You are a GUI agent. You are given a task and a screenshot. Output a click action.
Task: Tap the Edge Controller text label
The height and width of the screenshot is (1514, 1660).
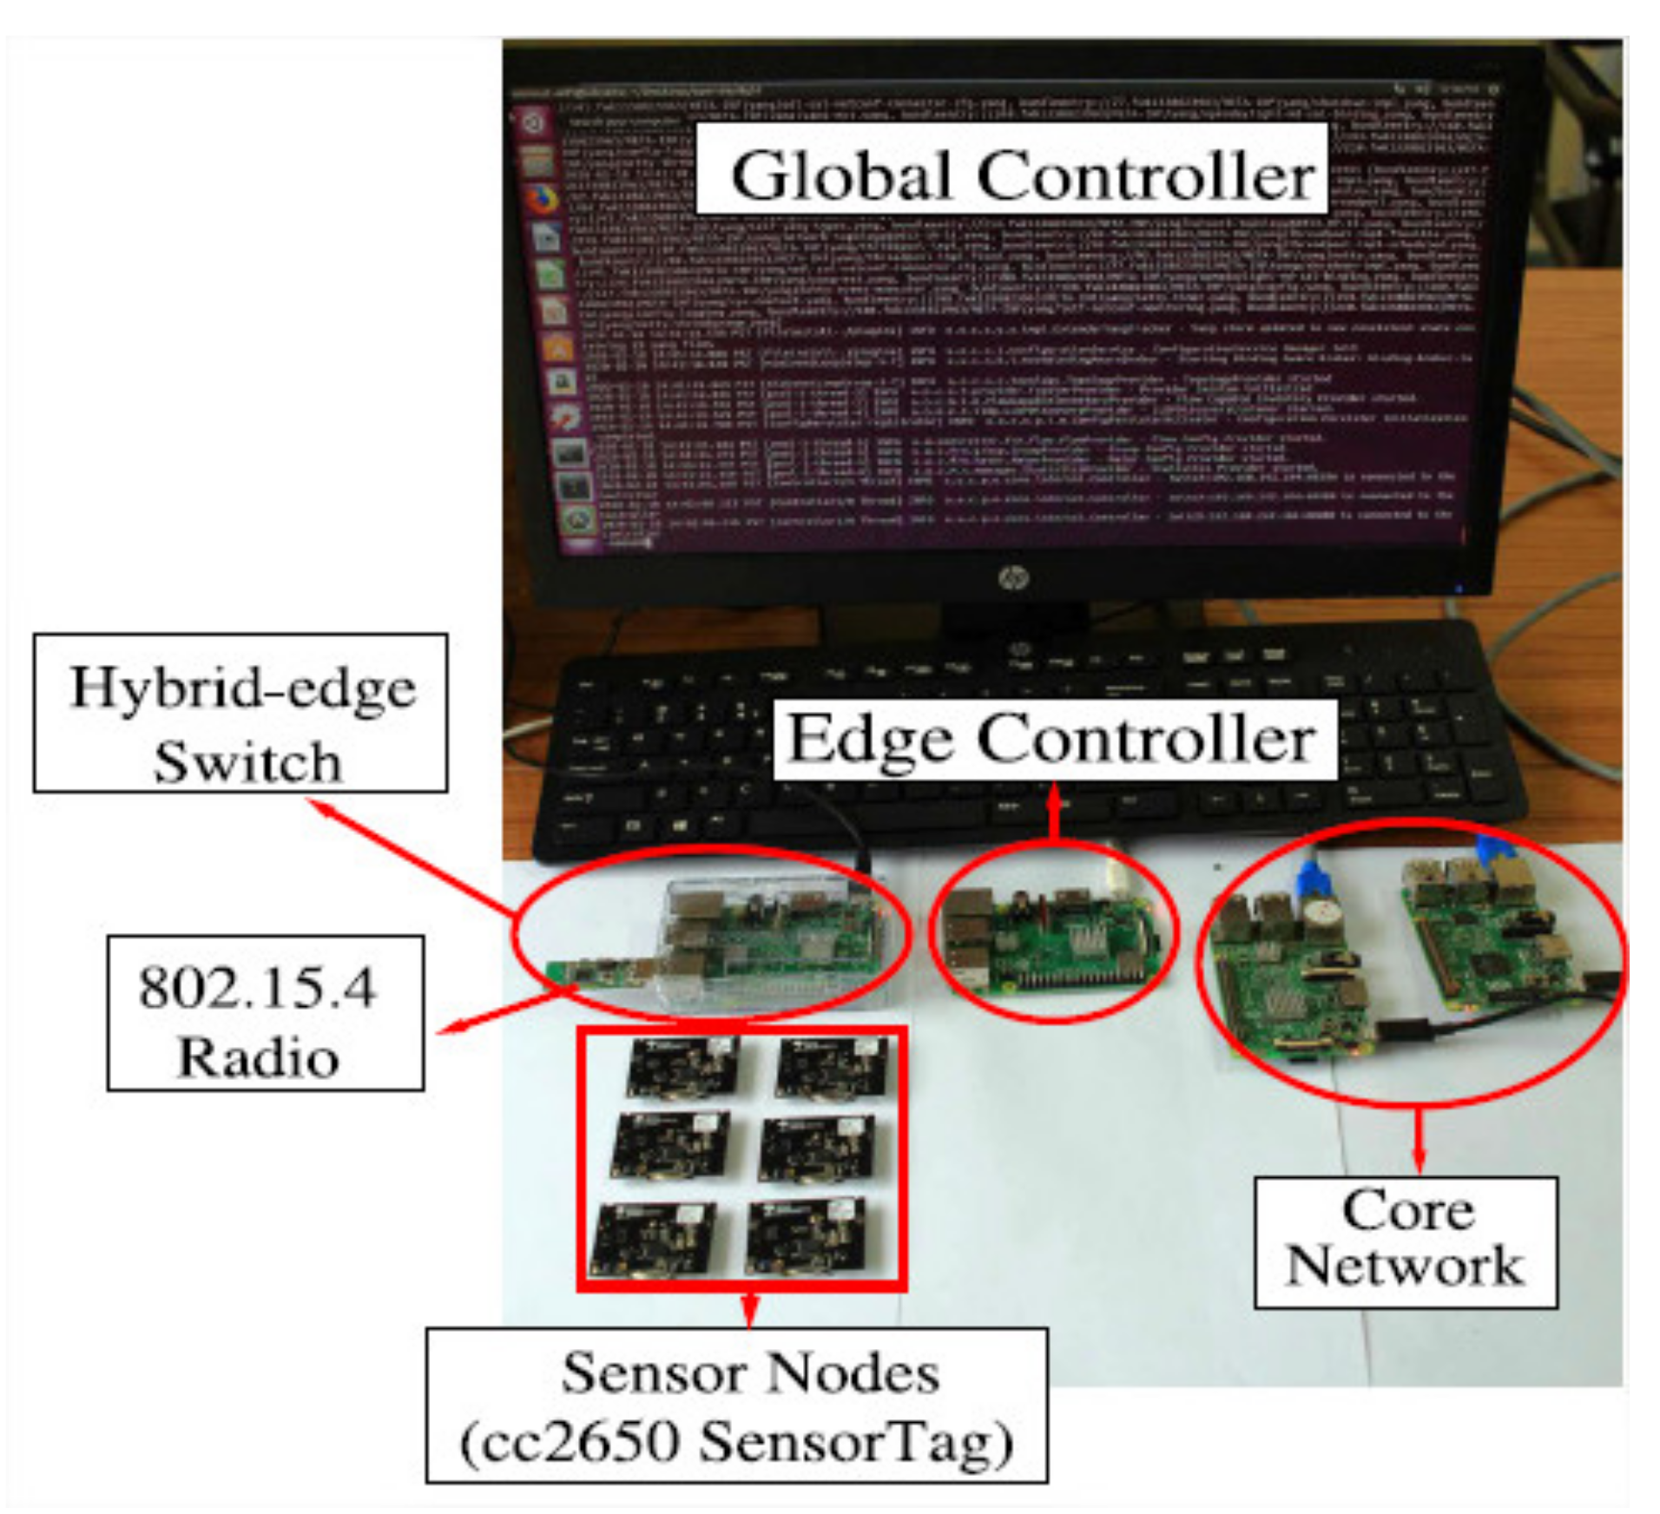coord(1052,739)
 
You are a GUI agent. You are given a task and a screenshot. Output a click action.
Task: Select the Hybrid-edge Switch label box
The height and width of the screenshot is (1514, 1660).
coord(240,713)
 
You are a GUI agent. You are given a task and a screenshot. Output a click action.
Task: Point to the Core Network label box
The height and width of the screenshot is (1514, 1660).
coord(1405,1242)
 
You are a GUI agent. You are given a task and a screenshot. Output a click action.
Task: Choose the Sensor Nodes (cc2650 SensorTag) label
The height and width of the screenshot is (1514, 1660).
coord(736,1405)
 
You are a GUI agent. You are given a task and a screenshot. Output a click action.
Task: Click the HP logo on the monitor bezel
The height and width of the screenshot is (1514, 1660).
coord(1010,576)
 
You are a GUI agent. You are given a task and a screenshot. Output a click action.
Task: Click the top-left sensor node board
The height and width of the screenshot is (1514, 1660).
coord(683,1067)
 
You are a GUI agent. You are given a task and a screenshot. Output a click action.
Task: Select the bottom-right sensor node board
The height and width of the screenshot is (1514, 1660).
coord(805,1237)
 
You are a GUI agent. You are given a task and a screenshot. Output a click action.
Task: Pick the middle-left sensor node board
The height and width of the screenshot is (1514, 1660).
coord(669,1147)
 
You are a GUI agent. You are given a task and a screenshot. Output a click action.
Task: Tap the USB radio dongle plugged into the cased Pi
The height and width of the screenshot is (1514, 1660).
coord(599,972)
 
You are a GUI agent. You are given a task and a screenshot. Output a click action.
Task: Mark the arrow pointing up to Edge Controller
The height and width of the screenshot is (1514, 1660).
coord(1054,812)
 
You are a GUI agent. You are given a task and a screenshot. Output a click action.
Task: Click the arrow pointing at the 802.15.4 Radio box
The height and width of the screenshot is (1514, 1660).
coord(504,1012)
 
